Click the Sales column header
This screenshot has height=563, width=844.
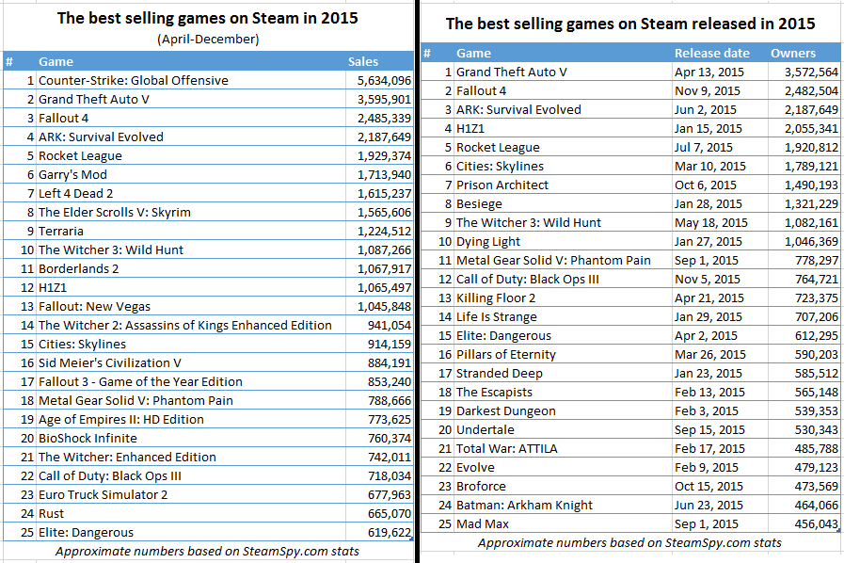pyautogui.click(x=363, y=61)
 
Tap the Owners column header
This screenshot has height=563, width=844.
pyautogui.click(x=793, y=53)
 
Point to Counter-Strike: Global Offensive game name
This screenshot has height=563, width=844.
pyautogui.click(x=133, y=80)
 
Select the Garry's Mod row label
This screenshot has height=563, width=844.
pyautogui.click(x=72, y=174)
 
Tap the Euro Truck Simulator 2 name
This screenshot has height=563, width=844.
pyautogui.click(x=103, y=494)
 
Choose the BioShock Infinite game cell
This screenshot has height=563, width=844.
pyautogui.click(x=88, y=438)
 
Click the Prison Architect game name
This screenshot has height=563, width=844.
pyautogui.click(x=502, y=185)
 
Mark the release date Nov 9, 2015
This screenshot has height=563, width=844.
pyautogui.click(x=708, y=90)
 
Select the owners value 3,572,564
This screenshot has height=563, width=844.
pyautogui.click(x=804, y=72)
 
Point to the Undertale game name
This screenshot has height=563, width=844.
pyautogui.click(x=486, y=429)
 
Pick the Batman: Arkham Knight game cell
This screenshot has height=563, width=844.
pyautogui.click(x=524, y=505)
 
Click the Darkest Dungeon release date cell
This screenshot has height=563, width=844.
pyautogui.click(x=707, y=410)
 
